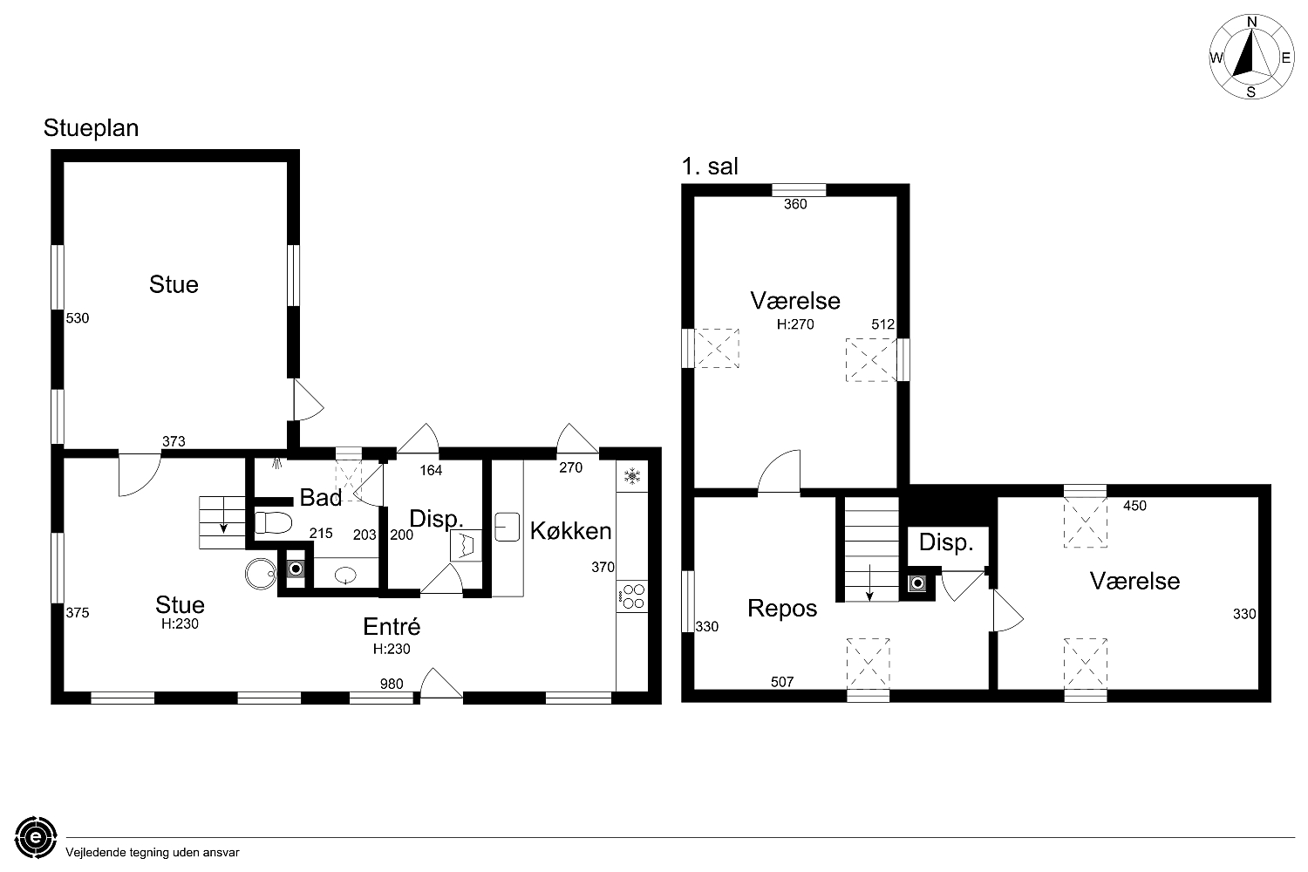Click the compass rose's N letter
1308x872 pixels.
click(1252, 22)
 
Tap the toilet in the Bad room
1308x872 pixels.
click(273, 522)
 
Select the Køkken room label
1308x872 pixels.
click(570, 531)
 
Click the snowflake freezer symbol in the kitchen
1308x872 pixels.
click(632, 477)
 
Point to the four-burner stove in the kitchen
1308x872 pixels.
click(632, 596)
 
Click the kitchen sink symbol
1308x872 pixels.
click(507, 527)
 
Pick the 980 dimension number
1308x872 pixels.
click(392, 684)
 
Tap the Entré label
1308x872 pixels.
click(392, 627)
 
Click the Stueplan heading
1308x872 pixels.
click(91, 128)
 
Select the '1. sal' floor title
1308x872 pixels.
click(710, 167)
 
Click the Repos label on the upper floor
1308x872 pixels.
click(782, 609)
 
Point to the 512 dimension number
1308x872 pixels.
click(882, 324)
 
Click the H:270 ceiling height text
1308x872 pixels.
click(795, 324)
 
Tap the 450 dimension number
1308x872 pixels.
click(1135, 506)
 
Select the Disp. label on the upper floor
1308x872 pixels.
click(946, 542)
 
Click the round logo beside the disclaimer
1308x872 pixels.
click(37, 837)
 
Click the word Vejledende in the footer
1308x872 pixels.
click(96, 853)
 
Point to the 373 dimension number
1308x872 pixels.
click(174, 441)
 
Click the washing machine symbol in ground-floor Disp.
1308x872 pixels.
click(466, 546)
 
